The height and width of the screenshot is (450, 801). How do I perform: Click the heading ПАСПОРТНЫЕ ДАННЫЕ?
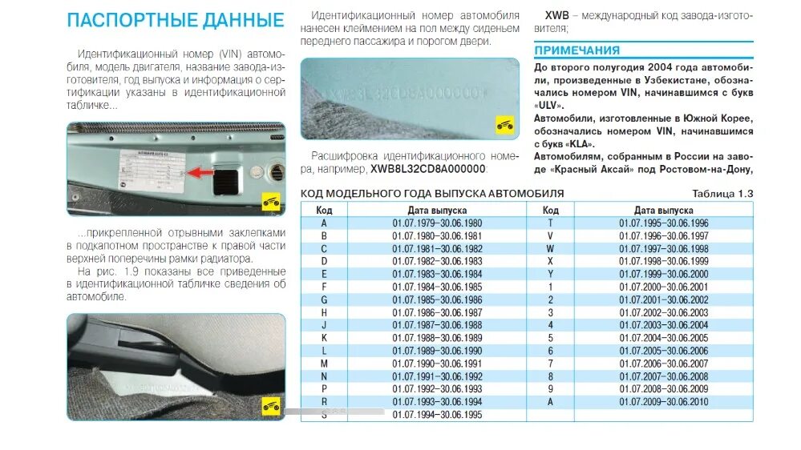click(175, 20)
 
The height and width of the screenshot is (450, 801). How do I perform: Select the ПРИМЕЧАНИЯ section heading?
click(577, 50)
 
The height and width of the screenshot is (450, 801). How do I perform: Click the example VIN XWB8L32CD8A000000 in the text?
click(427, 170)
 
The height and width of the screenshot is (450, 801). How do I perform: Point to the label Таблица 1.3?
click(722, 194)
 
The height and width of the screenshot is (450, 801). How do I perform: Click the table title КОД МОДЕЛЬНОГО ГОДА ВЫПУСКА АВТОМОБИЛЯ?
click(431, 194)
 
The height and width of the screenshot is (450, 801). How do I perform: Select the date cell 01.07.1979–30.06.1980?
click(437, 222)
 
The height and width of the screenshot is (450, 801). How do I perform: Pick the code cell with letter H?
click(324, 312)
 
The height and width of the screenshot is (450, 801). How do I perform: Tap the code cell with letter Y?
click(550, 274)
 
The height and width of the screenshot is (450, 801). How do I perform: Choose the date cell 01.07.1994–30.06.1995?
click(437, 415)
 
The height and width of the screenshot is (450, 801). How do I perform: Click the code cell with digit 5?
click(550, 338)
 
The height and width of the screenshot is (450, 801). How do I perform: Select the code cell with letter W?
click(550, 248)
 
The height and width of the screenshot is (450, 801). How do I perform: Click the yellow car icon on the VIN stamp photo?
click(504, 124)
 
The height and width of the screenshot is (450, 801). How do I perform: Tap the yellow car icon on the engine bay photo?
click(271, 202)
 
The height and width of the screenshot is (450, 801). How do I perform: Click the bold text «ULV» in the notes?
click(549, 105)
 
